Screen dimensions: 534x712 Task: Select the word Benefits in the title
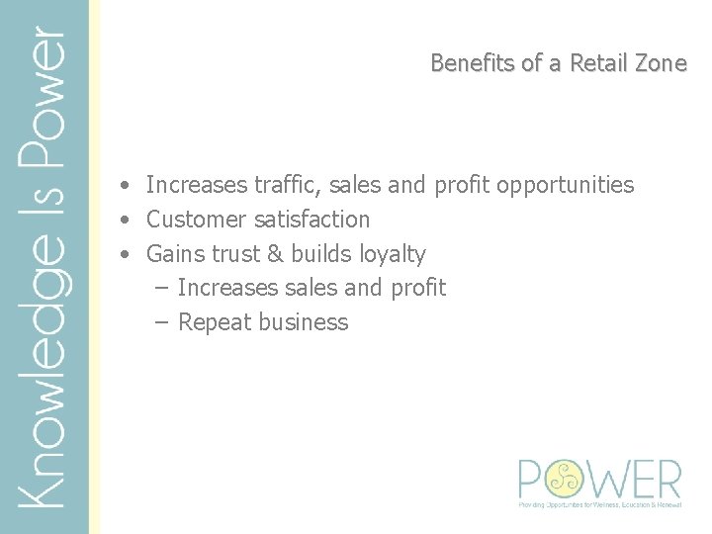[x=474, y=63]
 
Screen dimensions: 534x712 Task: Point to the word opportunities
[x=565, y=185]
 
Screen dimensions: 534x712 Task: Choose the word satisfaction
[x=311, y=220]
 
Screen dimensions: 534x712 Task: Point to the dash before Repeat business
[x=162, y=323]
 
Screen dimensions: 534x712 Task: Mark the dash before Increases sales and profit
[x=162, y=289]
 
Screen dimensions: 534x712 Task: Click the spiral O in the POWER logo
[x=561, y=479]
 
